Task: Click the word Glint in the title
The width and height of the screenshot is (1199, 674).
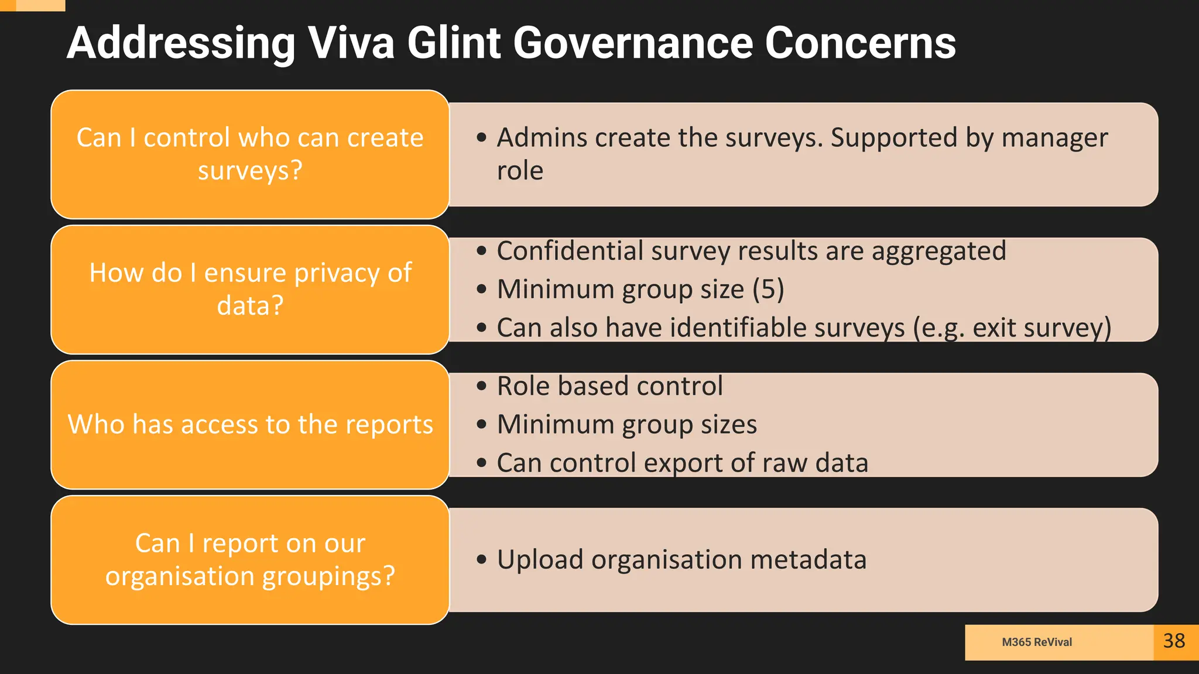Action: pyautogui.click(x=454, y=43)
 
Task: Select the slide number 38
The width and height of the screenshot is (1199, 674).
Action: pyautogui.click(x=1174, y=641)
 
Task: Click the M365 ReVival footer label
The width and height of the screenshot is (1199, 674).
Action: pyautogui.click(x=1037, y=642)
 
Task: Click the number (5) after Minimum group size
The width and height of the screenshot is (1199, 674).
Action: pyautogui.click(x=768, y=289)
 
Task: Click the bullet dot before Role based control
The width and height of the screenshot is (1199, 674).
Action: pyautogui.click(x=481, y=386)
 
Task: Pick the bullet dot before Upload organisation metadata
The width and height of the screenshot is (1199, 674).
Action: pyautogui.click(x=481, y=559)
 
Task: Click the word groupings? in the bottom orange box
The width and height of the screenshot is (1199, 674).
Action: pyautogui.click(x=328, y=576)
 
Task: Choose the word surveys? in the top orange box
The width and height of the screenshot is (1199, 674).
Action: pyautogui.click(x=250, y=171)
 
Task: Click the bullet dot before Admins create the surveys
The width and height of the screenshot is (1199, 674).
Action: pyautogui.click(x=481, y=138)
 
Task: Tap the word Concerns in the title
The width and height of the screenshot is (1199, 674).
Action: pyautogui.click(x=860, y=43)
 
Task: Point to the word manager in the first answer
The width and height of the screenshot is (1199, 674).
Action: pyautogui.click(x=1054, y=138)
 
